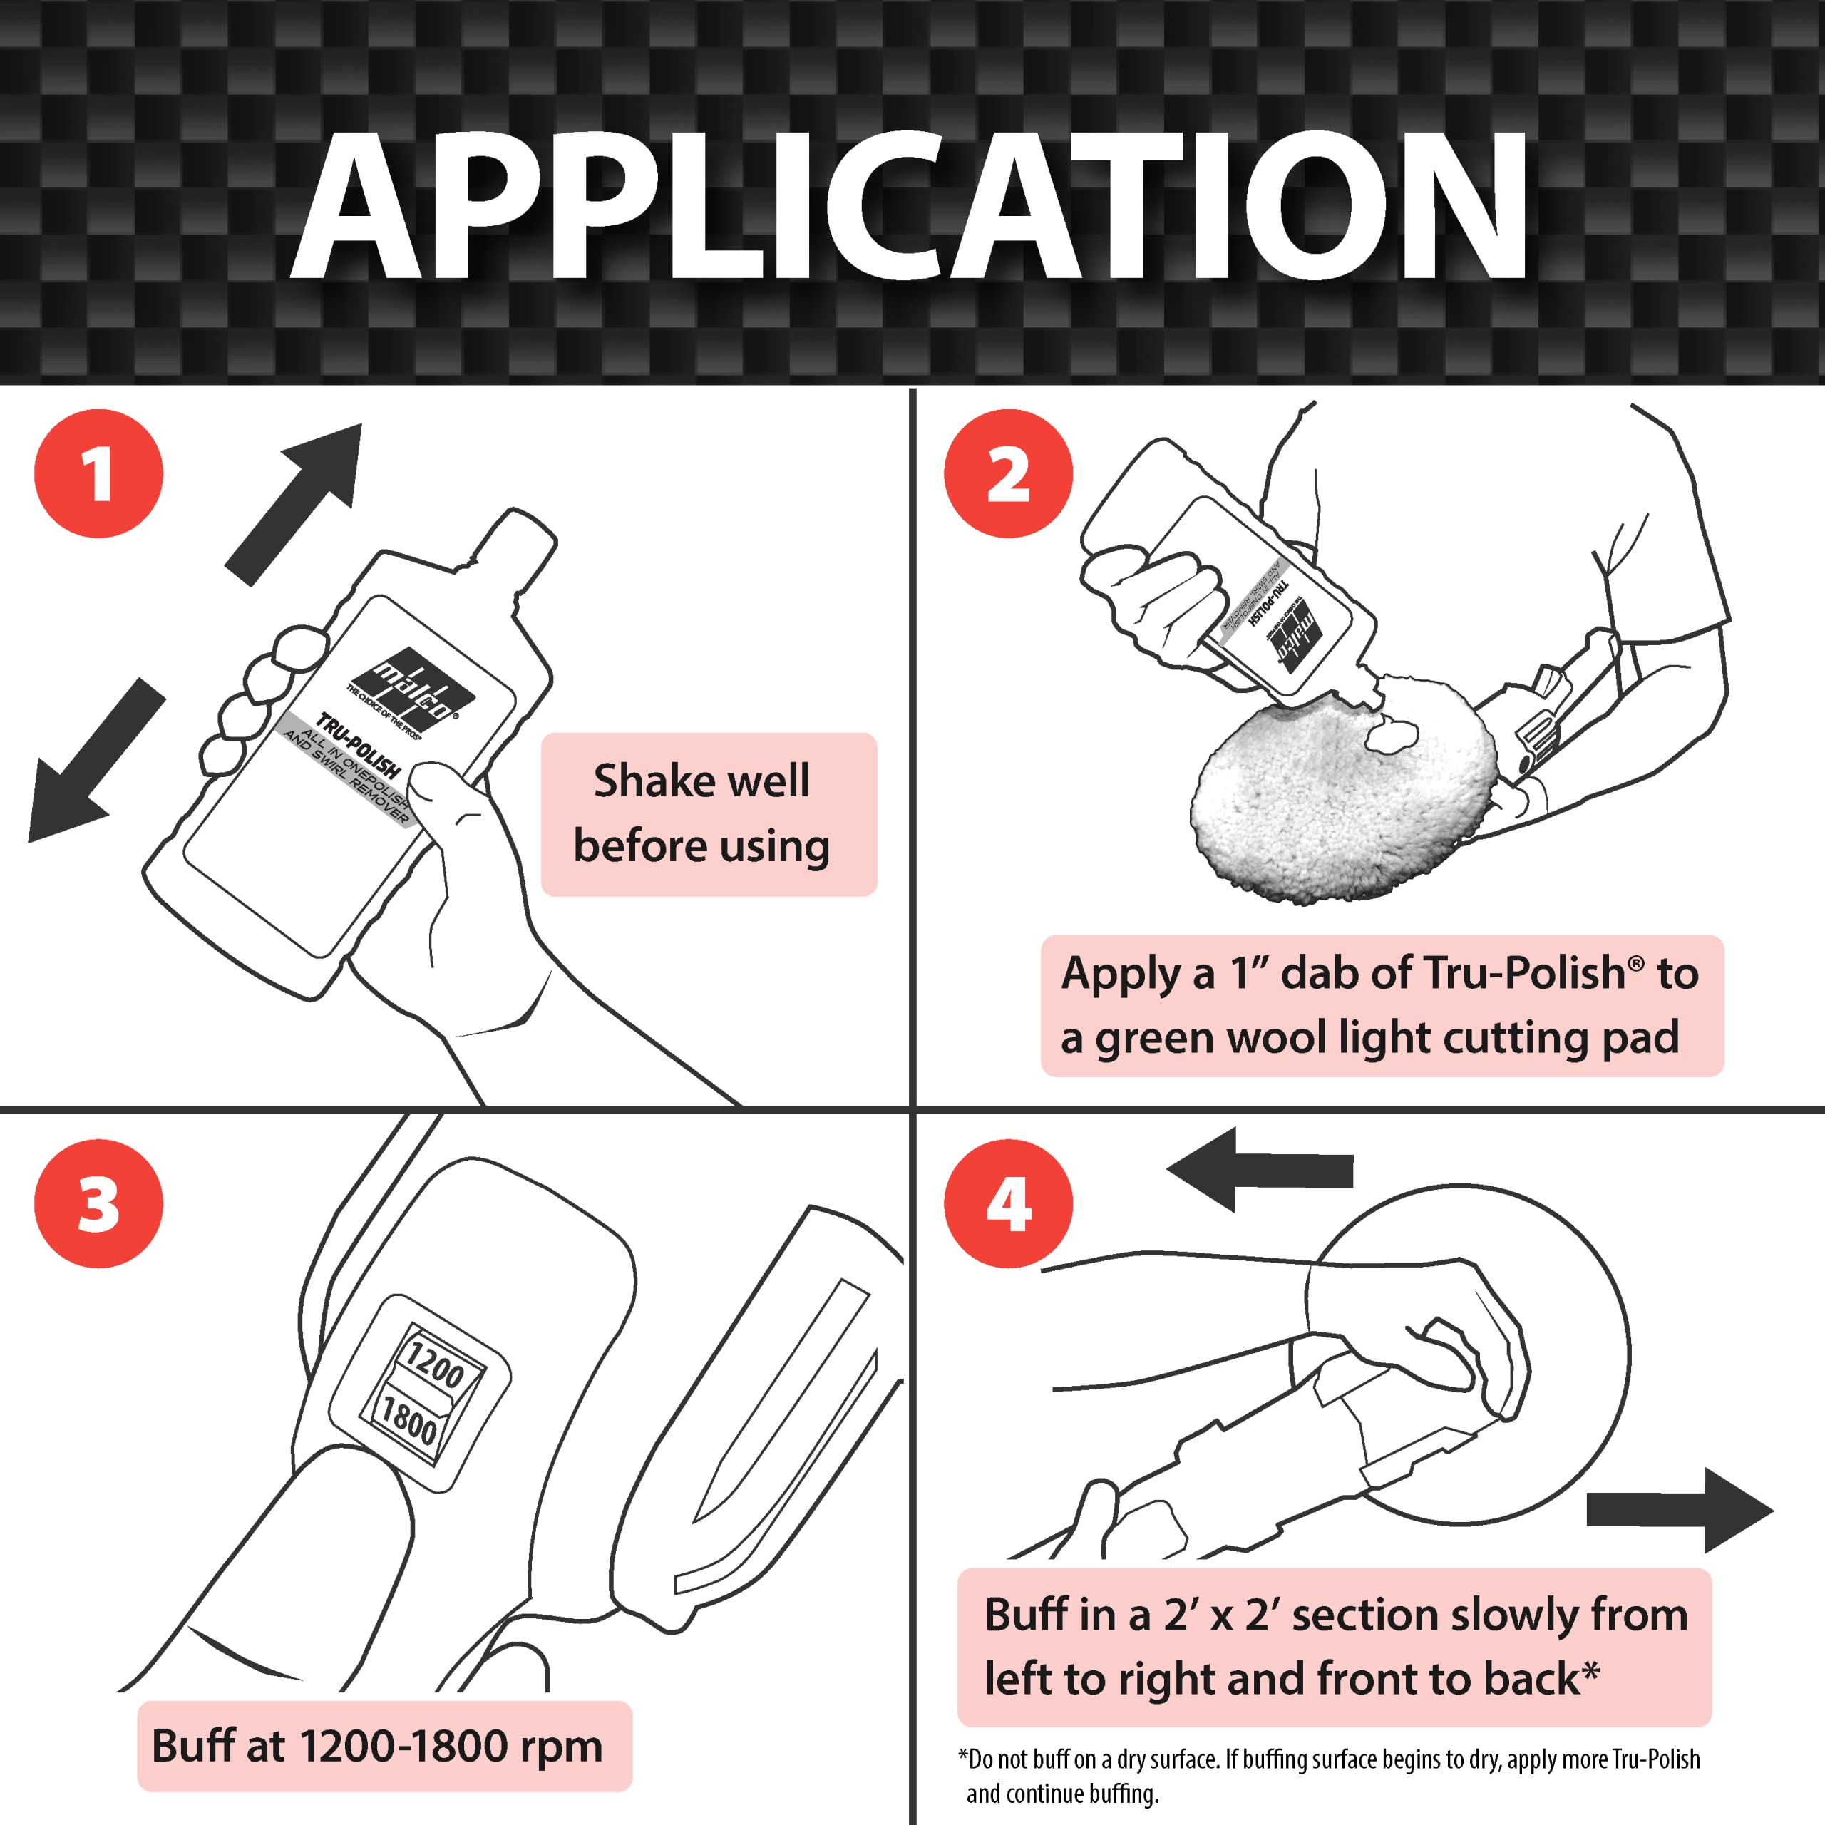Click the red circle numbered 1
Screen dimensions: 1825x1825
98,473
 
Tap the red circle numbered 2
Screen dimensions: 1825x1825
1008,473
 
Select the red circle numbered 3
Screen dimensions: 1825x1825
98,1203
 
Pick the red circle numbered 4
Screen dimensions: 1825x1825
1008,1203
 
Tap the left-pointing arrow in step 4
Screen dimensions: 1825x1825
1256,1169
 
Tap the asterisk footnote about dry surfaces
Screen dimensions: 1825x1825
1327,1775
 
